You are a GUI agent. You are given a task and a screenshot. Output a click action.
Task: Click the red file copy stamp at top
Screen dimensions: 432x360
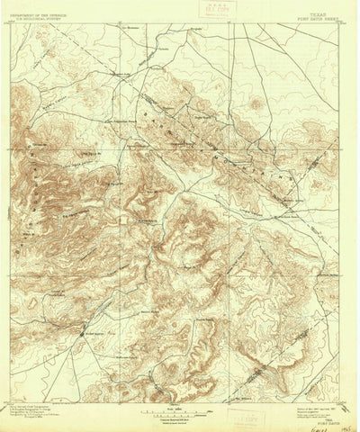click(215, 11)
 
